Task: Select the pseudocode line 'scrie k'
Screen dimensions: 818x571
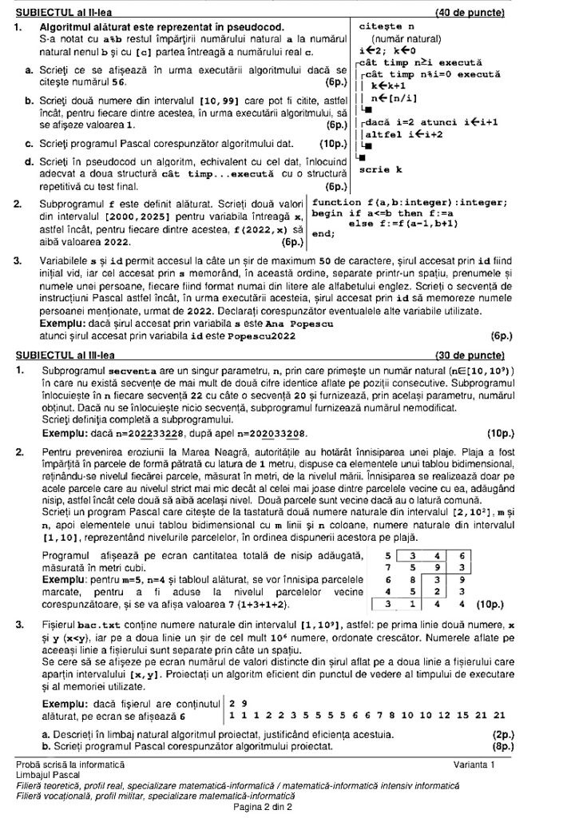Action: tap(380, 170)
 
